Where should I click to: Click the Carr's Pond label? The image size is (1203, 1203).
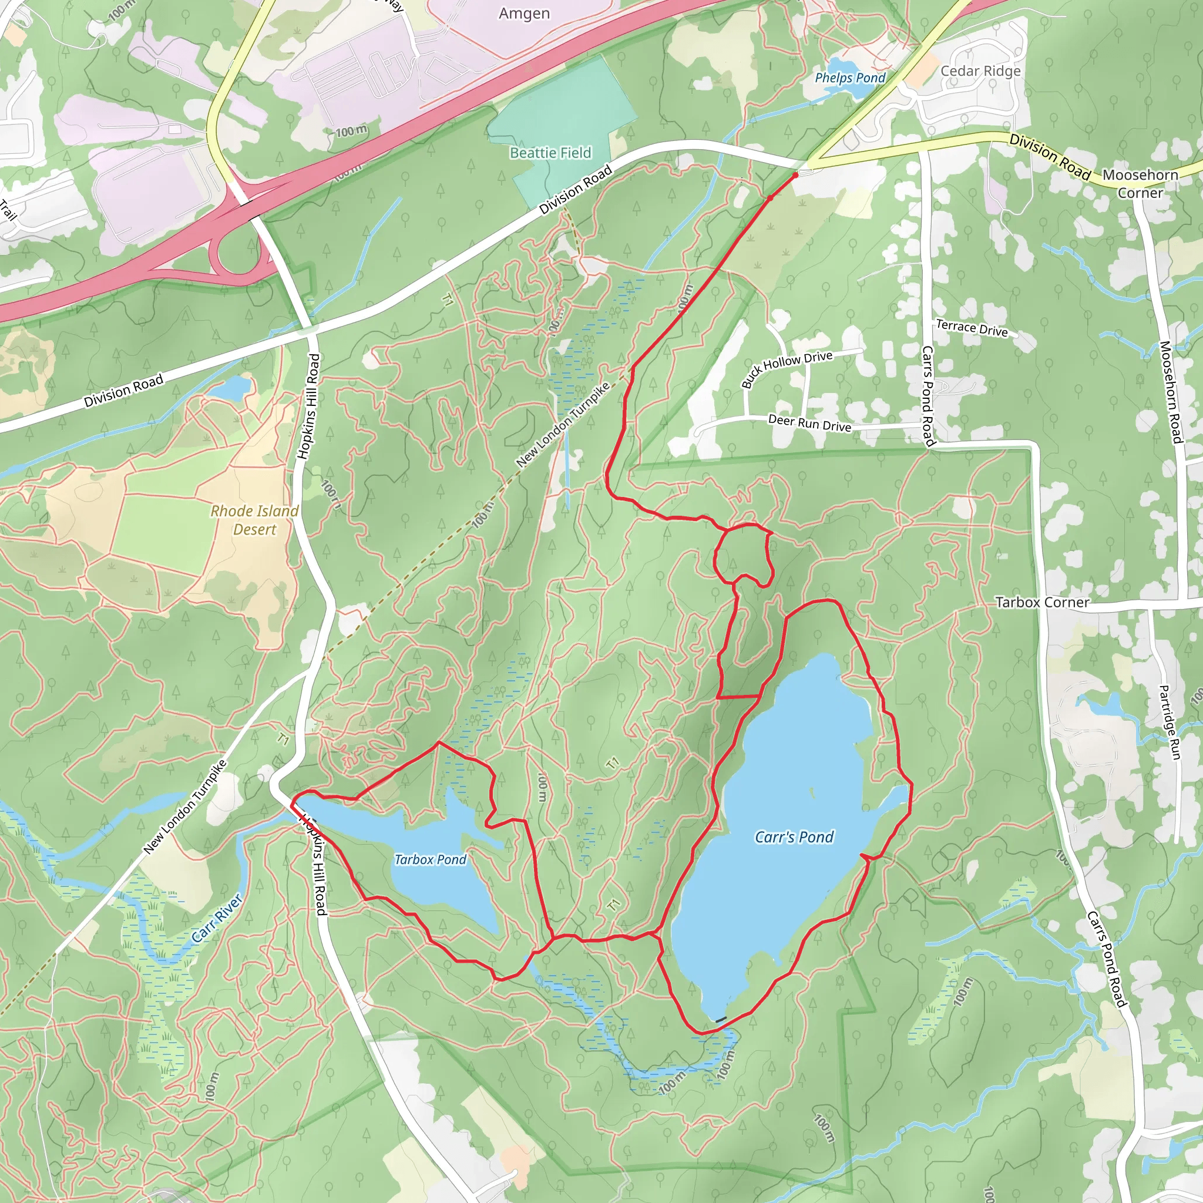794,837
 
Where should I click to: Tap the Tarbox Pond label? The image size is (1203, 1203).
430,859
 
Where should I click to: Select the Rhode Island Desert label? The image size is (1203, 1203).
255,520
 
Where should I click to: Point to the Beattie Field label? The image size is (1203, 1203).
550,153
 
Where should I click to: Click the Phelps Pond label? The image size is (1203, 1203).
850,78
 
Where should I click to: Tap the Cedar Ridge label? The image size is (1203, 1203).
981,71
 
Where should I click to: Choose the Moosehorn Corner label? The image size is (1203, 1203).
1140,184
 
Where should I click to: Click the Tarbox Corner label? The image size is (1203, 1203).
1043,602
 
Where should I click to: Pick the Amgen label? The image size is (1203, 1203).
525,14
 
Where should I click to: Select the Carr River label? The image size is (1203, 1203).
216,919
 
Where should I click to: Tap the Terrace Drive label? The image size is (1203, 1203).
972,328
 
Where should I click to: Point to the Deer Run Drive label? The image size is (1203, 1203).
809,424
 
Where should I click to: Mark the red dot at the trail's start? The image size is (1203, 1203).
795,176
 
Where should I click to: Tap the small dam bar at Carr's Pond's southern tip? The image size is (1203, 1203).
721,1019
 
